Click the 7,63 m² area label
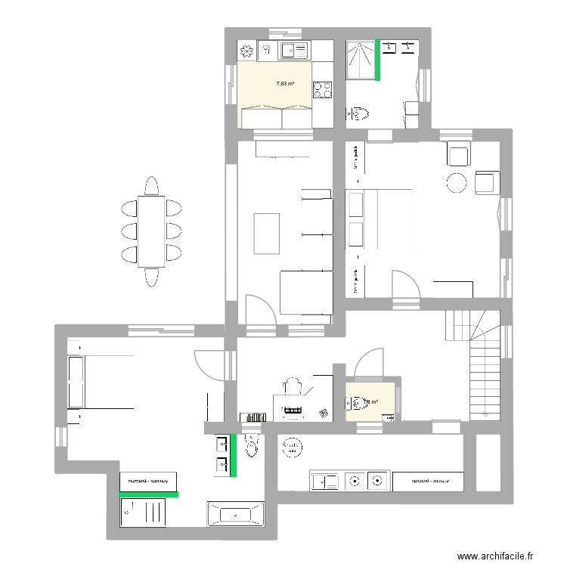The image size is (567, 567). point(285,84)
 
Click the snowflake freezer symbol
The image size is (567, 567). point(247,51)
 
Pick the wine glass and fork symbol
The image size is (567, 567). point(268,51)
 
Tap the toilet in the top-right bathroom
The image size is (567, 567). point(361,114)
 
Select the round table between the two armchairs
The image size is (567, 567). point(457,183)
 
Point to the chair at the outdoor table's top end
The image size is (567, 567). point(151,186)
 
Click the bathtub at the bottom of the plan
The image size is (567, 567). point(234,514)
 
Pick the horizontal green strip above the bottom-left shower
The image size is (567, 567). point(149,494)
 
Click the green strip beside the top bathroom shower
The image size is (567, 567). point(378,59)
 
